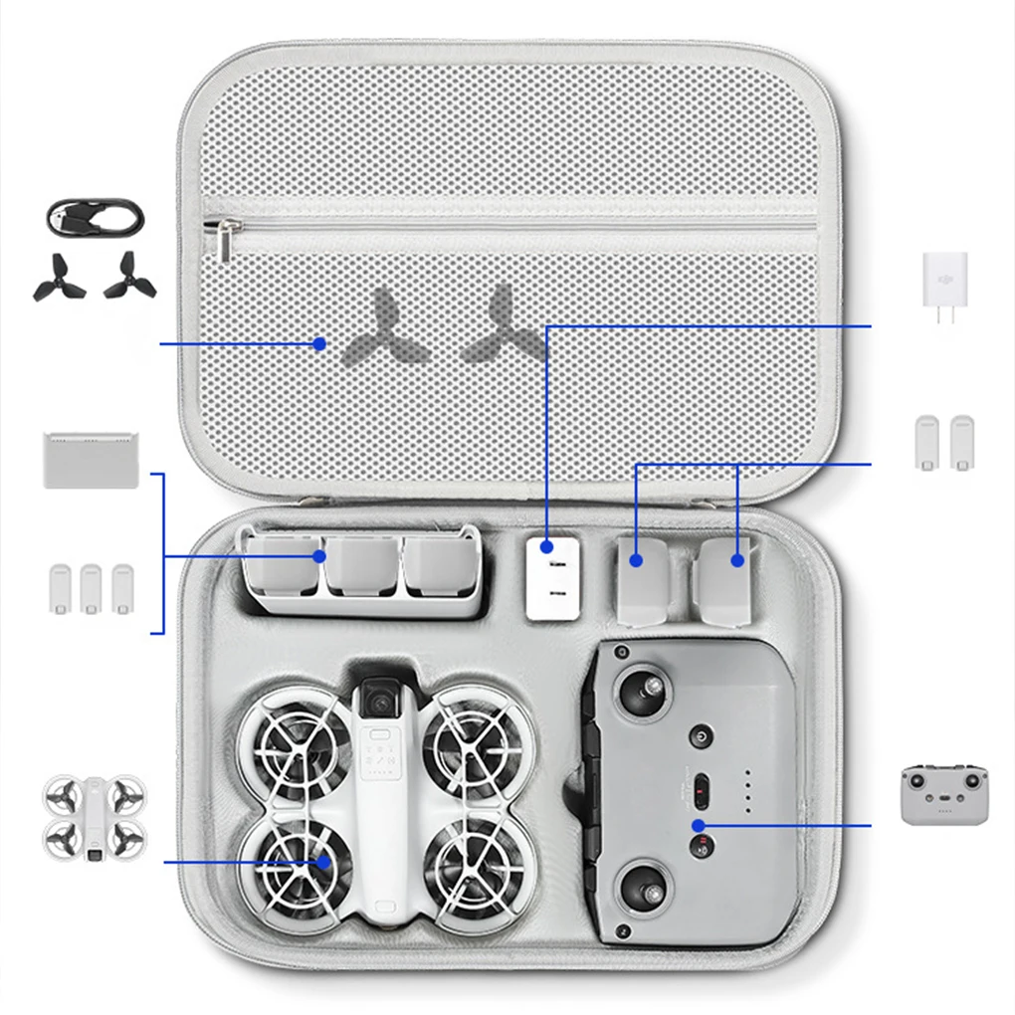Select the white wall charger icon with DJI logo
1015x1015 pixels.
tap(944, 279)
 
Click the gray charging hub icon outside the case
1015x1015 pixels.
tap(90, 460)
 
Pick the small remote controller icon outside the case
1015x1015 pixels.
tap(944, 794)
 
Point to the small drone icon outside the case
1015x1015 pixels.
tap(94, 817)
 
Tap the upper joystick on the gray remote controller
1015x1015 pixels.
tap(641, 689)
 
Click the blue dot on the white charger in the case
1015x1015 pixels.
tap(547, 546)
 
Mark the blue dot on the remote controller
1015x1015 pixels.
tap(699, 825)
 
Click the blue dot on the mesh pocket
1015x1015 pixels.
tap(318, 343)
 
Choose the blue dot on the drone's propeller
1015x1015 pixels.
tap(322, 862)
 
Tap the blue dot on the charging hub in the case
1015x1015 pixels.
tap(319, 556)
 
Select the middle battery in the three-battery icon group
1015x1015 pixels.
tap(92, 588)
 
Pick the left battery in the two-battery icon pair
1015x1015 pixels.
tap(927, 443)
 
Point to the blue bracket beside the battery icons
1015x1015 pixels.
tap(159, 553)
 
